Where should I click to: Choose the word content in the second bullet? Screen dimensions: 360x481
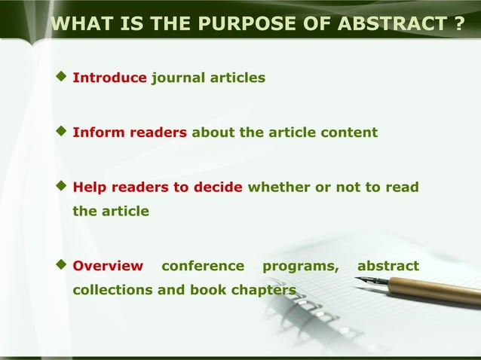coord(348,133)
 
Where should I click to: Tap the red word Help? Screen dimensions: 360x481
coord(88,187)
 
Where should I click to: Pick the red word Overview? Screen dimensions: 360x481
coord(107,266)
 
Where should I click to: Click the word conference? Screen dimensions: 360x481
coord(203,266)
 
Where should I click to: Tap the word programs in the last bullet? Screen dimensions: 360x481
coord(300,266)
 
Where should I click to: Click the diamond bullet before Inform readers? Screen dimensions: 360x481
coord(62,132)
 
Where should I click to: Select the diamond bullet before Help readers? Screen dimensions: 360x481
coord(62,186)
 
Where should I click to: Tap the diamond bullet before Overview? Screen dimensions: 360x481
coord(62,265)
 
